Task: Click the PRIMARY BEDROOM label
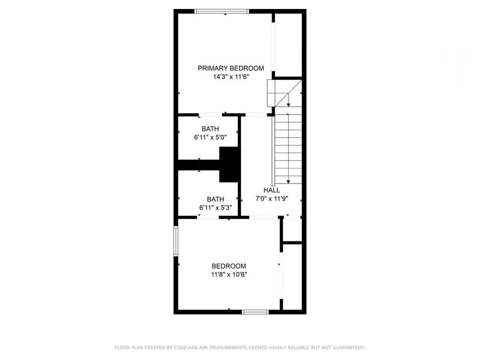tap(231, 68)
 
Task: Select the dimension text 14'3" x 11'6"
tap(231, 77)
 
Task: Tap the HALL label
tap(271, 190)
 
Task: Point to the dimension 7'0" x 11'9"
tap(271, 199)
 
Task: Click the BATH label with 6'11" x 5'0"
tap(210, 129)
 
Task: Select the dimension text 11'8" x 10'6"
tap(229, 275)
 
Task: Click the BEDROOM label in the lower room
tap(229, 266)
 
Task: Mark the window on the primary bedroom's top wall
tap(221, 11)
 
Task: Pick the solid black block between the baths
tap(230, 165)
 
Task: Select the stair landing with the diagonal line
tap(278, 93)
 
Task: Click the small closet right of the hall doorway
tap(292, 229)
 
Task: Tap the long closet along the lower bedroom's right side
tap(292, 276)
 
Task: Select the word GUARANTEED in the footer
tap(346, 348)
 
